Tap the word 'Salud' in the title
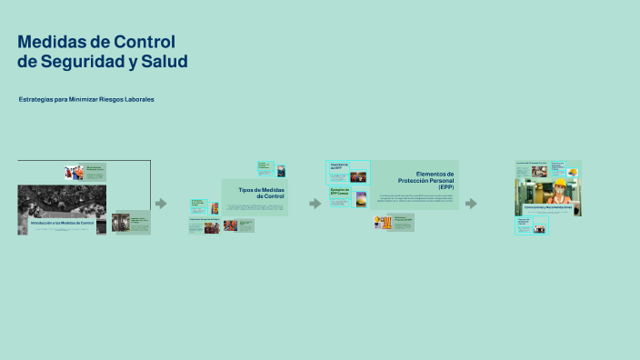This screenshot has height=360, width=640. [163, 62]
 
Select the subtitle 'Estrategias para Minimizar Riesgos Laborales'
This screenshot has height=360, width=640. [86, 99]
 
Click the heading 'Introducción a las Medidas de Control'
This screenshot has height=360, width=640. [62, 223]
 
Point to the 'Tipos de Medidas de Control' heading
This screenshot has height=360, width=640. [261, 193]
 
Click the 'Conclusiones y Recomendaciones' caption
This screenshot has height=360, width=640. [547, 207]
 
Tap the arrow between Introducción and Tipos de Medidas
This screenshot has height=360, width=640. [161, 203]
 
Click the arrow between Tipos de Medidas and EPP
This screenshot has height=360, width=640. [315, 203]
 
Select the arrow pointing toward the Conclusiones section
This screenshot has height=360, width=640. [471, 203]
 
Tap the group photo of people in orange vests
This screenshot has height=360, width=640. [74, 172]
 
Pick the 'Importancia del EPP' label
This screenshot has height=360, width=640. [338, 166]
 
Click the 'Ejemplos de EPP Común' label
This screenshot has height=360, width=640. [338, 193]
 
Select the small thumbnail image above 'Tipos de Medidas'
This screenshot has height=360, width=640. [281, 170]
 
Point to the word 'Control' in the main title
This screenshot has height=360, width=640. [145, 42]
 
